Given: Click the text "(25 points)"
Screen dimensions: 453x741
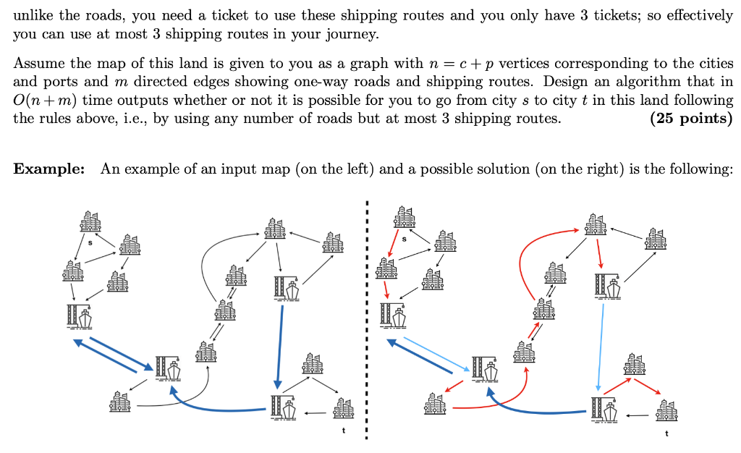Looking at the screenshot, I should click(692, 118).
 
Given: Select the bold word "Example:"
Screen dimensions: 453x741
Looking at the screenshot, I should click(49, 169).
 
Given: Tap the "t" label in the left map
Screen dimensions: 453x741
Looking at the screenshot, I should click(344, 431).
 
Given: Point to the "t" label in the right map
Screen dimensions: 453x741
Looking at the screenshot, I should click(666, 433).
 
